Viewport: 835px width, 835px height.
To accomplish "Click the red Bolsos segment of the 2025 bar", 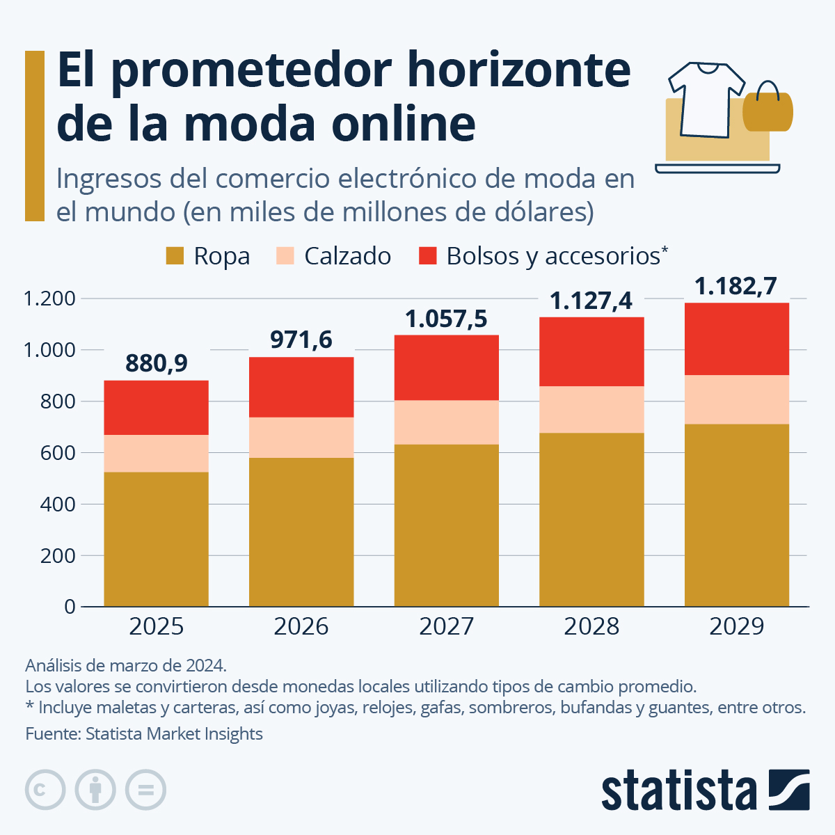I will click(156, 408).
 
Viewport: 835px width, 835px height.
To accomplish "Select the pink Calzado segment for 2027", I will click(446, 422).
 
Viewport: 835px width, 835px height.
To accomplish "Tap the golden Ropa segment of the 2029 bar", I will click(736, 515).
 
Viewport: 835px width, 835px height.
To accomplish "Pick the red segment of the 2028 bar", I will click(591, 351).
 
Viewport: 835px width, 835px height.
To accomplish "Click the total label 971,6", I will click(301, 340).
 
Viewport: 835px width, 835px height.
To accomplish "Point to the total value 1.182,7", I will click(735, 286).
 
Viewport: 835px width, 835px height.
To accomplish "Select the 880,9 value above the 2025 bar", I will click(157, 363).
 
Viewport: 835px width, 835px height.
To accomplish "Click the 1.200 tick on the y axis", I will click(49, 299).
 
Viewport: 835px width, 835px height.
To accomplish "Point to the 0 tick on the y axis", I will click(69, 607).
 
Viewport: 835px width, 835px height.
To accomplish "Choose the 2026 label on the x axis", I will click(301, 626).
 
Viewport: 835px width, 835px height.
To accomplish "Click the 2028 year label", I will click(591, 626).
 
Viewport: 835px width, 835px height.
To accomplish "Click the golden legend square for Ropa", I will click(175, 256).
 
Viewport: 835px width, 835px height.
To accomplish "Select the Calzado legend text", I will click(347, 256).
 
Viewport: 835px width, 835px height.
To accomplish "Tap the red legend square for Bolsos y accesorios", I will click(427, 256).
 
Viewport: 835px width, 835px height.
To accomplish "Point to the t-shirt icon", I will click(705, 97).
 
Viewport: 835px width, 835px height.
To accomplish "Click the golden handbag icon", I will click(768, 110).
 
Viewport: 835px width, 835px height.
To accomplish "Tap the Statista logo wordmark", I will click(678, 790).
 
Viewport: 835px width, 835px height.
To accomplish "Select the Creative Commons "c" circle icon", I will click(45, 790).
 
